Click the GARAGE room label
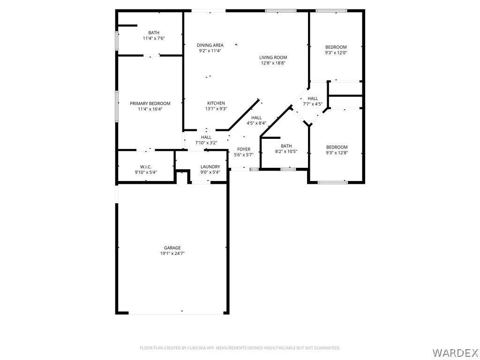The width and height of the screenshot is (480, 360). tap(172, 247)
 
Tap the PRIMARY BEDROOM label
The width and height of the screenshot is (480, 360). tap(150, 104)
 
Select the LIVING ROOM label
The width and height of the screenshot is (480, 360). tap(273, 57)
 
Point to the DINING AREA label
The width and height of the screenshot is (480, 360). tap(210, 45)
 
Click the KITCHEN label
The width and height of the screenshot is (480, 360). tap(216, 103)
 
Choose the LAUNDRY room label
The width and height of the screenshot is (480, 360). tap(210, 166)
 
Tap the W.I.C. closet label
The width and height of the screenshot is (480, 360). tap(146, 166)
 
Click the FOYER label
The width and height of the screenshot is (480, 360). tap(244, 149)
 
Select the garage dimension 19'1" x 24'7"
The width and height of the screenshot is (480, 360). tap(172, 253)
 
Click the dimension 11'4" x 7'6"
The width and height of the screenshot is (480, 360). tap(154, 38)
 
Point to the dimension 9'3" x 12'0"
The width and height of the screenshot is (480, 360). tap(336, 52)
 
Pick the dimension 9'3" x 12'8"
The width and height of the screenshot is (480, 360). tap(337, 153)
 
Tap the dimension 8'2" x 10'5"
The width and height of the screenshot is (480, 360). tap(286, 151)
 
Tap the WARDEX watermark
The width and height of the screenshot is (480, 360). tap(455, 352)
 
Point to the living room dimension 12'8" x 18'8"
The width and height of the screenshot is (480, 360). tap(273, 63)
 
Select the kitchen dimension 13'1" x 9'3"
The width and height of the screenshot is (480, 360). tap(216, 109)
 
